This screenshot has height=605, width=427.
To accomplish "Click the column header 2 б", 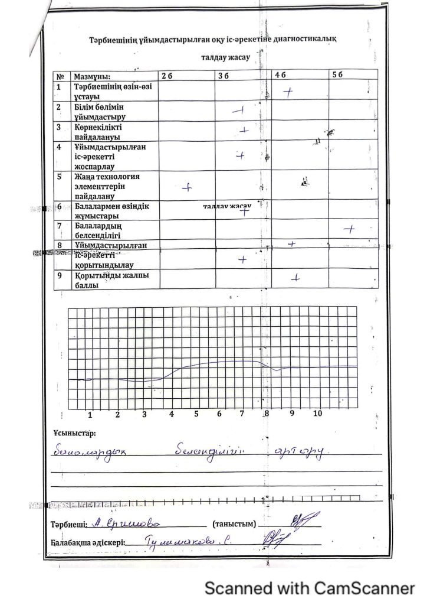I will (166, 76).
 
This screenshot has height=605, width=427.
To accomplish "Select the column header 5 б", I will (337, 76).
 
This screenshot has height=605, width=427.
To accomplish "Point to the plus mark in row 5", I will (187, 187).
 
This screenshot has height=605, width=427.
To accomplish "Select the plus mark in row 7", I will (350, 229).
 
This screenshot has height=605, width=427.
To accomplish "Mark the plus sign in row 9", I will (296, 277).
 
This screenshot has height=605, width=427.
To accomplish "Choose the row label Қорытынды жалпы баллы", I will (107, 280).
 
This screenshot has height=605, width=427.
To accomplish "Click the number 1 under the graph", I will (90, 414).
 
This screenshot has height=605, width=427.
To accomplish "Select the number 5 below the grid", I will (196, 414).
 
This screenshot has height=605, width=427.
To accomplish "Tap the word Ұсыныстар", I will (73, 434).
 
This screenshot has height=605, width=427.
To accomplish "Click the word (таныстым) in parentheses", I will (235, 524).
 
